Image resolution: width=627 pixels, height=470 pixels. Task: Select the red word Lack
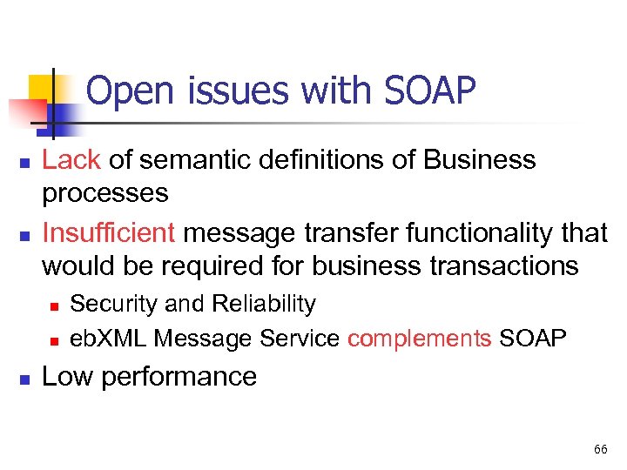(72, 160)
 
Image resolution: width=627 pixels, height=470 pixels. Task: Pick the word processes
(105, 192)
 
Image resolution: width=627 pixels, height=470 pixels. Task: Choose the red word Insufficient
(109, 233)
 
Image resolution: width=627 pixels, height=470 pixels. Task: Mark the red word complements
(419, 339)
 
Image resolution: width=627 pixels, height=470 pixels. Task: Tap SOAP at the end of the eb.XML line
(533, 339)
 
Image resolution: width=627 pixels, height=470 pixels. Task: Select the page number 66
(600, 449)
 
